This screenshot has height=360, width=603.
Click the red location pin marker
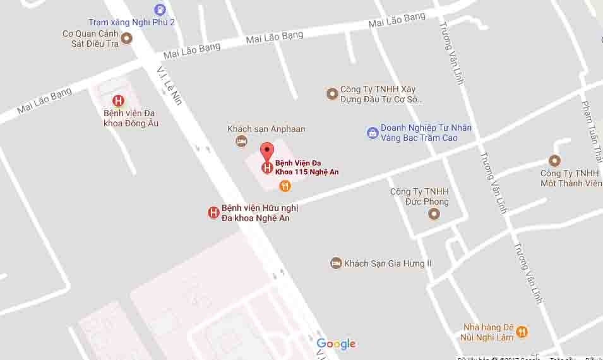(x=267, y=152)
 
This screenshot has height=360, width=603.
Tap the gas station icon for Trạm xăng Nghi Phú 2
(x=160, y=9)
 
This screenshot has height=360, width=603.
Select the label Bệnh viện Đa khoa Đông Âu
(x=131, y=118)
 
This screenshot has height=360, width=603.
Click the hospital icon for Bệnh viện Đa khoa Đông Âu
(x=117, y=100)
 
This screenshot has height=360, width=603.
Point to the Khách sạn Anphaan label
(x=266, y=129)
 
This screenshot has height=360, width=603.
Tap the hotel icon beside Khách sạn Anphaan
(x=241, y=141)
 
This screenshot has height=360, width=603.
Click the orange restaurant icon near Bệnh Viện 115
(x=285, y=186)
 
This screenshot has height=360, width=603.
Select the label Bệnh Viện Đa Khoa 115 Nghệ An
(x=307, y=167)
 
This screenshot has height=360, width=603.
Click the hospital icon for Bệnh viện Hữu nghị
(x=213, y=213)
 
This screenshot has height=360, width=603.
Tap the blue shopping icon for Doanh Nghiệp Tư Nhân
(x=373, y=133)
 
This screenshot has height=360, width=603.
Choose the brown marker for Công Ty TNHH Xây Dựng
(x=332, y=94)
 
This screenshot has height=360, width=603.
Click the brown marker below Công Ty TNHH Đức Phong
(x=434, y=215)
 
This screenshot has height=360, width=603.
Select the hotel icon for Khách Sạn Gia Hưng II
(x=336, y=263)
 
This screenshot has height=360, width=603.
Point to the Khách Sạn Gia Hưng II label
(x=388, y=263)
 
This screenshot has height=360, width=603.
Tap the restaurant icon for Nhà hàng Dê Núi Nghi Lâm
(x=522, y=332)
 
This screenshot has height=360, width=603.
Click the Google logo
(x=336, y=344)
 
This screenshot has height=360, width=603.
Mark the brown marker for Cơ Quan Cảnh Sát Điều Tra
(x=126, y=39)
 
